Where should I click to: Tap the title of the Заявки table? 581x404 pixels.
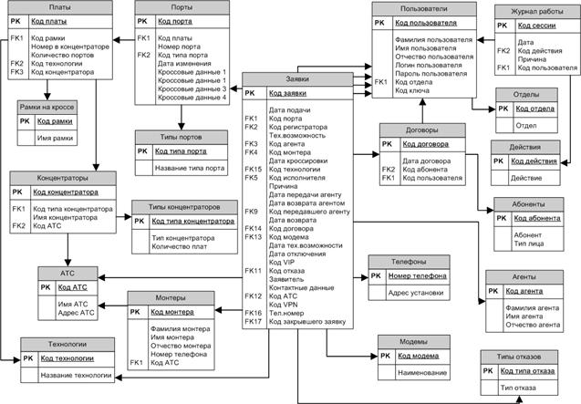[296, 79]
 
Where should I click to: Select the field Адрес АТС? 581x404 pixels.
[76, 313]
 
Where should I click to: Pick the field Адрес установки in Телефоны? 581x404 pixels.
[416, 293]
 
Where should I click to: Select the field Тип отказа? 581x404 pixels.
[520, 388]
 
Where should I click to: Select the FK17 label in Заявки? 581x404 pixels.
[253, 321]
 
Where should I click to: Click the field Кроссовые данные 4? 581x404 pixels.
[192, 98]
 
